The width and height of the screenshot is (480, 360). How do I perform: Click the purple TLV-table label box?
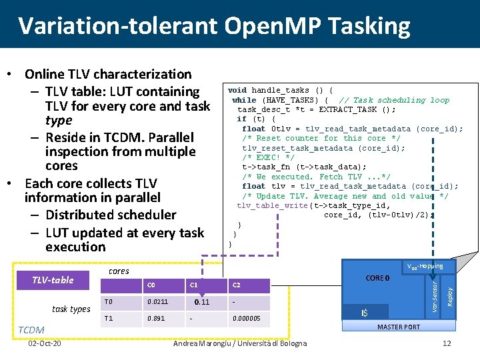click(53, 280)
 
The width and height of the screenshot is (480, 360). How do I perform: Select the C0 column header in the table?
click(151, 286)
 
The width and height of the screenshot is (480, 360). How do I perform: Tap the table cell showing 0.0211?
click(157, 303)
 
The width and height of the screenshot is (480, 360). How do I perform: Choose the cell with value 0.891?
click(155, 319)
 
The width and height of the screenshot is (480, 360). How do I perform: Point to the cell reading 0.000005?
click(247, 319)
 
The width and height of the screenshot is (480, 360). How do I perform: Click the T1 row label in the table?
click(109, 319)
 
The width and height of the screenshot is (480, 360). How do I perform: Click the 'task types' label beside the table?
click(71, 309)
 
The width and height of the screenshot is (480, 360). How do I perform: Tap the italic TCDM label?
click(31, 330)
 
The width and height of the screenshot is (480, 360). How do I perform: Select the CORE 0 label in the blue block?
click(378, 278)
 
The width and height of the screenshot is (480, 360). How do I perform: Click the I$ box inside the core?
click(365, 313)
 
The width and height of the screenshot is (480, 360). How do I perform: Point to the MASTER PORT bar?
click(399, 327)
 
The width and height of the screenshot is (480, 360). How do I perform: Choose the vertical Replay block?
click(449, 293)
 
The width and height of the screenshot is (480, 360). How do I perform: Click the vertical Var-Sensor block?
click(434, 293)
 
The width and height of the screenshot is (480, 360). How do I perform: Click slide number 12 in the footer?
click(447, 343)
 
